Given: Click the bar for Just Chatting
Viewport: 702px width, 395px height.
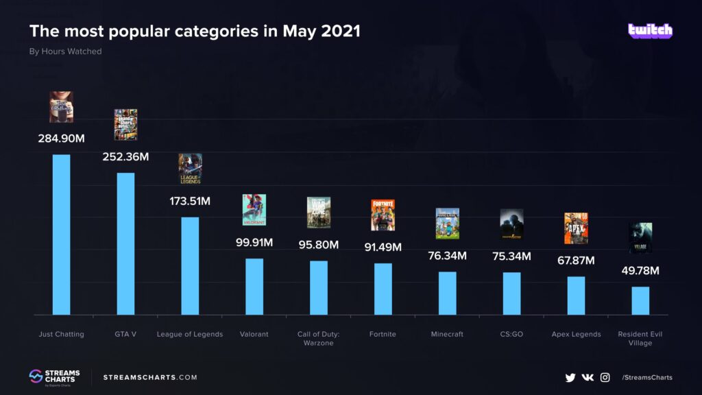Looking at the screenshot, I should point(62,235).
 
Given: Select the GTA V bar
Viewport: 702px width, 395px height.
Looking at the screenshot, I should point(125,243).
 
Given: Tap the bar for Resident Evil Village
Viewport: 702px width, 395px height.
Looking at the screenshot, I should point(640,300).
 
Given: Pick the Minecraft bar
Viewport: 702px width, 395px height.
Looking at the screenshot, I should point(448,293).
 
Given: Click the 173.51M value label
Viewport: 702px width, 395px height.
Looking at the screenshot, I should point(190,202).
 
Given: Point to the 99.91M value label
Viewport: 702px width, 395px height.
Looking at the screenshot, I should point(254,242).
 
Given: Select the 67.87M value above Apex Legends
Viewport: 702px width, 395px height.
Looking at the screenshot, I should point(576,261).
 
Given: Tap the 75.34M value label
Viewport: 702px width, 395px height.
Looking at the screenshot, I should point(511,256).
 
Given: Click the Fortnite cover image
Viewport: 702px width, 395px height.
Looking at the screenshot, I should point(383,215).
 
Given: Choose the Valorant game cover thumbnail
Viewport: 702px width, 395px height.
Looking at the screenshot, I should point(254,210).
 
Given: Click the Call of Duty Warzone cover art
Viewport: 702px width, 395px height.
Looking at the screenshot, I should point(319,213).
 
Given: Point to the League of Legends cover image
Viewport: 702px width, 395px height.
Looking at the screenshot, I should point(190,169).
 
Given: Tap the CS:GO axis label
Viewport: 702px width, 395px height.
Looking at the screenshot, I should point(511,335).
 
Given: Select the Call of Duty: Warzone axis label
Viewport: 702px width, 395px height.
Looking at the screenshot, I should point(319,339).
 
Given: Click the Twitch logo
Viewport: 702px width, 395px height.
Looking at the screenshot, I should point(650,31).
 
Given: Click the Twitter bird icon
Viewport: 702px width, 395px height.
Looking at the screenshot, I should point(570,377).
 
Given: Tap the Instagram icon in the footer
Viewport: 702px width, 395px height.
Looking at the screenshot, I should point(605,377).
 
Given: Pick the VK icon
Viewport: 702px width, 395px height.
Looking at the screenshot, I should point(588,377).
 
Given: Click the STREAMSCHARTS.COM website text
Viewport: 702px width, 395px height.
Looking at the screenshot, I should point(150,377).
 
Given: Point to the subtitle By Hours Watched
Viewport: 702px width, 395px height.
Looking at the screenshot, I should point(65,52).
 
